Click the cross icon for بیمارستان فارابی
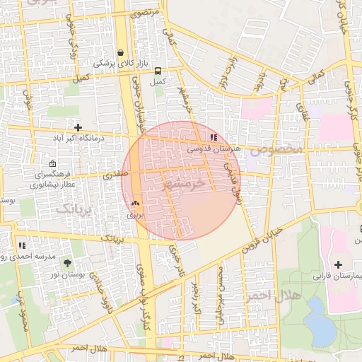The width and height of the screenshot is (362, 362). click(x=338, y=264)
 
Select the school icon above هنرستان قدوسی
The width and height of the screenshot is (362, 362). click(x=214, y=138)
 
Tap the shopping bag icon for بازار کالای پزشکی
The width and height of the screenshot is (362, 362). click(x=121, y=52)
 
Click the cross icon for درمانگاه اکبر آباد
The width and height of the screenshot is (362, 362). click(x=78, y=127)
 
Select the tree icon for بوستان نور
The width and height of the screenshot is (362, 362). click(x=67, y=262)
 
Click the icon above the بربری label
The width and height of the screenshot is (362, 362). click(x=135, y=202)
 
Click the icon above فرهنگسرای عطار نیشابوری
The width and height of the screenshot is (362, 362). click(x=52, y=164)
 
